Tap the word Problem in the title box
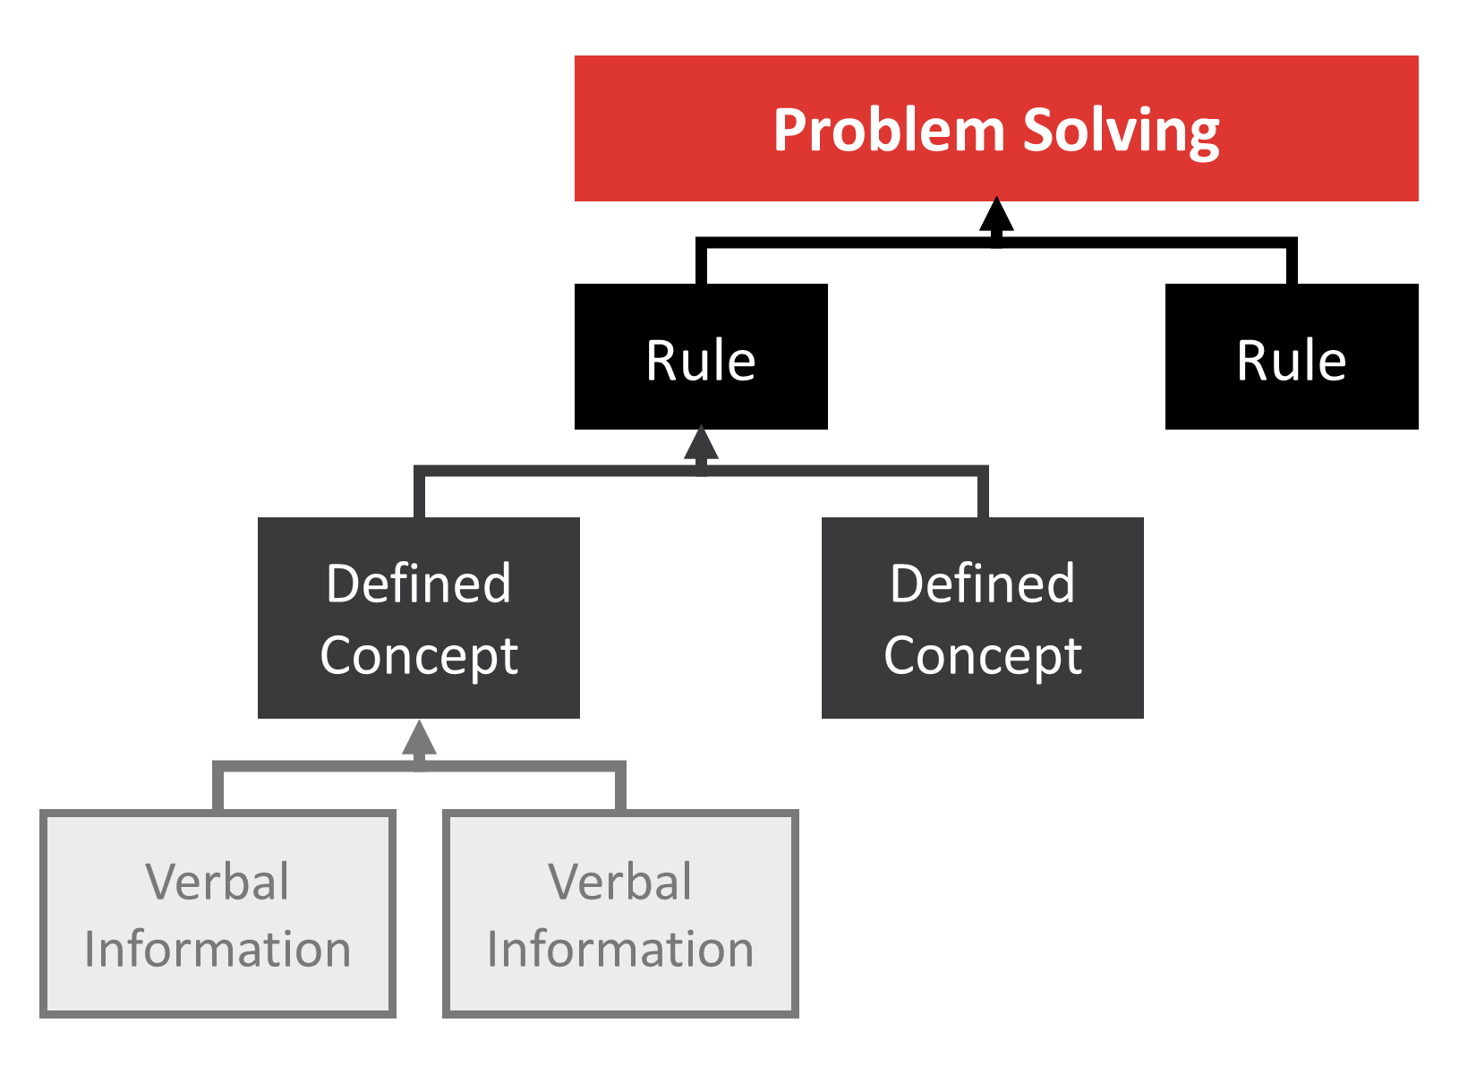point(889,131)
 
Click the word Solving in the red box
point(1121,131)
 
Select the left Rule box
point(701,357)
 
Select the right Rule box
point(1291,357)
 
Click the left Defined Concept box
point(418,618)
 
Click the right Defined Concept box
point(982,618)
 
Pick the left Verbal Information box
point(218,914)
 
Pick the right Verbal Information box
point(620,914)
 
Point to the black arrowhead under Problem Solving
point(996,215)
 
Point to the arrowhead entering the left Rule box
point(701,443)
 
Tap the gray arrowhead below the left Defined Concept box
point(419,738)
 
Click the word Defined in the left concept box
point(418,584)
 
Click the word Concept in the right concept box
point(982,655)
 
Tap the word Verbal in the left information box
point(218,882)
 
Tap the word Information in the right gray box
point(620,949)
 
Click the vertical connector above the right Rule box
point(1292,262)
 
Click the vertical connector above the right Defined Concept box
point(983,494)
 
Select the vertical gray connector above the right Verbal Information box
point(620,788)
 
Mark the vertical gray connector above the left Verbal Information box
point(218,788)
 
